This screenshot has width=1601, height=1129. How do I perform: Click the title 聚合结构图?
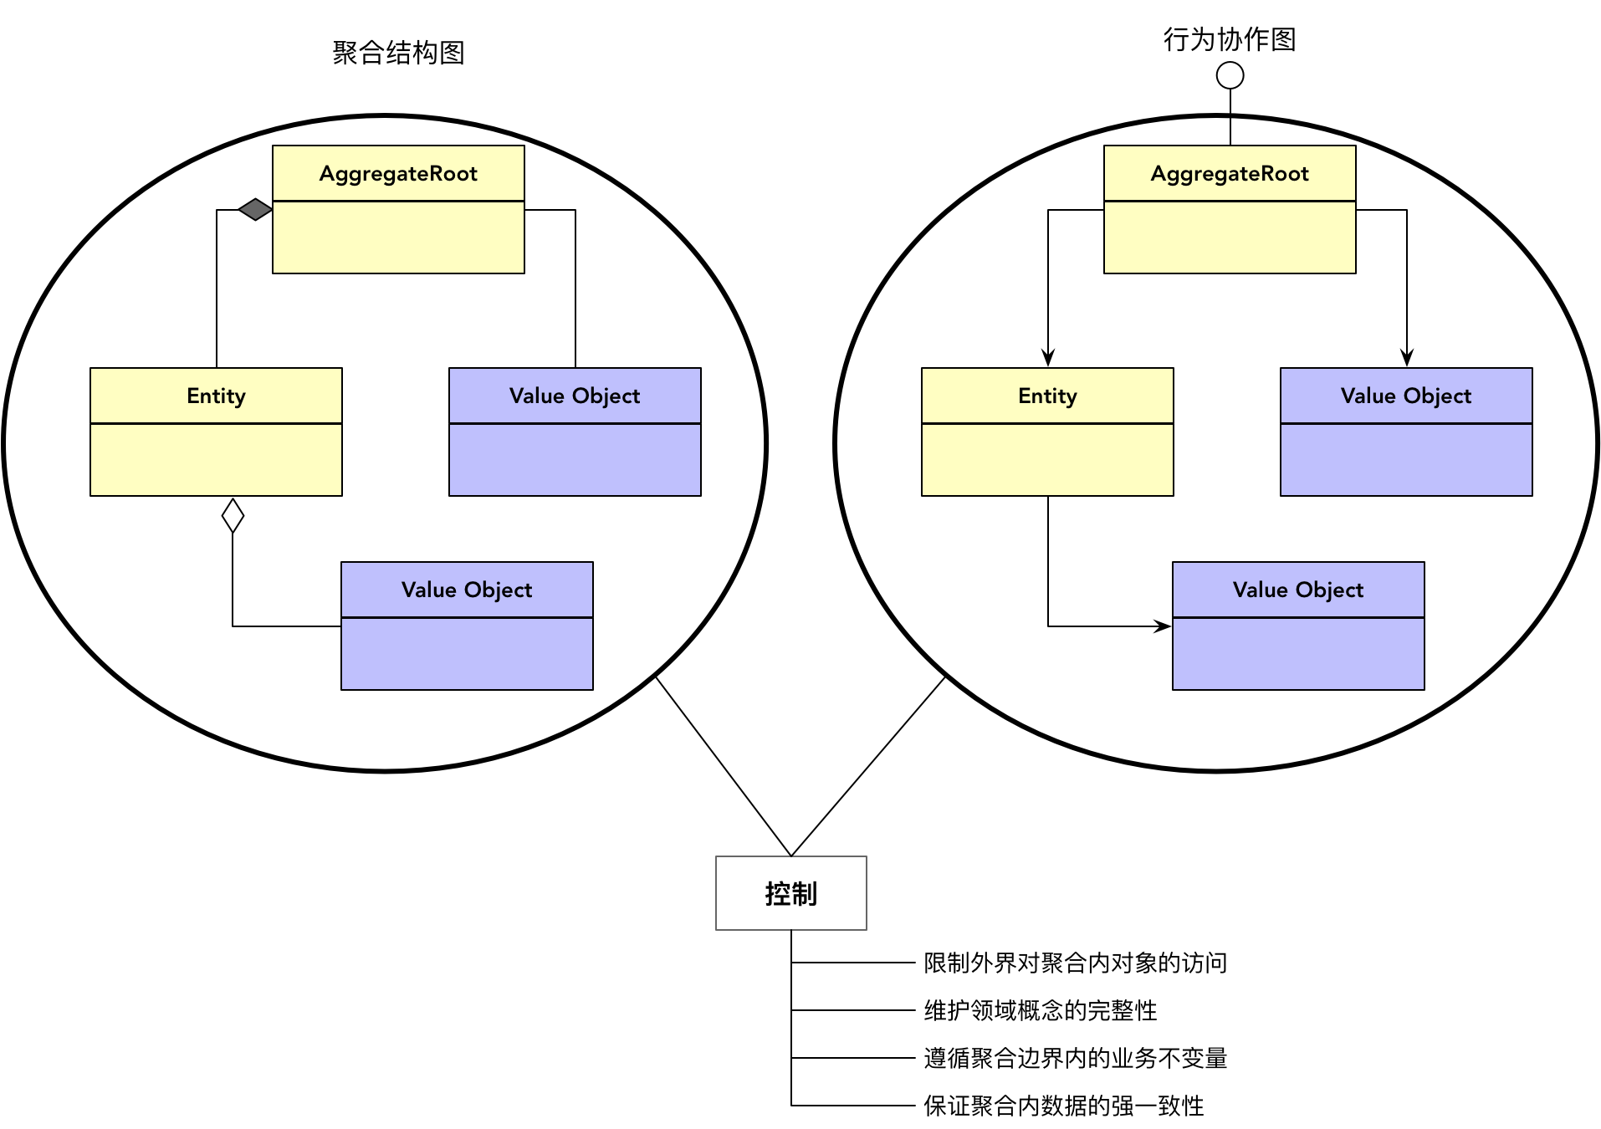pyautogui.click(x=398, y=53)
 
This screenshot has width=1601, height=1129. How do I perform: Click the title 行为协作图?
pyautogui.click(x=1229, y=39)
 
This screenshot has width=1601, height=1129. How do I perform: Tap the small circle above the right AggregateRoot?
pyautogui.click(x=1229, y=75)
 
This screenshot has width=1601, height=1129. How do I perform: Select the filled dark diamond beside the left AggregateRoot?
pyautogui.click(x=254, y=209)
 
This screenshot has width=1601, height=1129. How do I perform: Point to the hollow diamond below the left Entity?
pyautogui.click(x=233, y=515)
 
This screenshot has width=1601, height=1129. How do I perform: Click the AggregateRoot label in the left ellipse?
pyautogui.click(x=398, y=174)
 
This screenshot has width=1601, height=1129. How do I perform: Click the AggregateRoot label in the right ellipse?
pyautogui.click(x=1229, y=174)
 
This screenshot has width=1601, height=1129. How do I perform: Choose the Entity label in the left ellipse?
pyautogui.click(x=216, y=396)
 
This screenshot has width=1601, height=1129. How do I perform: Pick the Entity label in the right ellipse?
pyautogui.click(x=1047, y=396)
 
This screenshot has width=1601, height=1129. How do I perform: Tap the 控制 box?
pyautogui.click(x=790, y=893)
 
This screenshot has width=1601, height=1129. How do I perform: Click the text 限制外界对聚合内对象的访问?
pyautogui.click(x=1075, y=963)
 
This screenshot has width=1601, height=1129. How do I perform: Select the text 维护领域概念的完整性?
pyautogui.click(x=1040, y=1010)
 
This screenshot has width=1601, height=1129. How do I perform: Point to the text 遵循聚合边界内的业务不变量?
pyautogui.click(x=1075, y=1058)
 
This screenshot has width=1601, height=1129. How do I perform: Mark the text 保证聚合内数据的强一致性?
pyautogui.click(x=1063, y=1106)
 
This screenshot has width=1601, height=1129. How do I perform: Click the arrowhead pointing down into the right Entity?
pyautogui.click(x=1048, y=359)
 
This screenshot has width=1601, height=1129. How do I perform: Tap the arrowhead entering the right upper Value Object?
pyautogui.click(x=1407, y=359)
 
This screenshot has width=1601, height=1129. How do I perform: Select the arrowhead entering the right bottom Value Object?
pyautogui.click(x=1163, y=626)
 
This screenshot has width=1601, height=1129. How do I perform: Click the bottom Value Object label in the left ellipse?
pyautogui.click(x=466, y=590)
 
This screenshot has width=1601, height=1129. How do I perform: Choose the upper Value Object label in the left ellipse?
pyautogui.click(x=575, y=396)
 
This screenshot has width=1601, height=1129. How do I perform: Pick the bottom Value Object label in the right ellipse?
pyautogui.click(x=1297, y=590)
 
